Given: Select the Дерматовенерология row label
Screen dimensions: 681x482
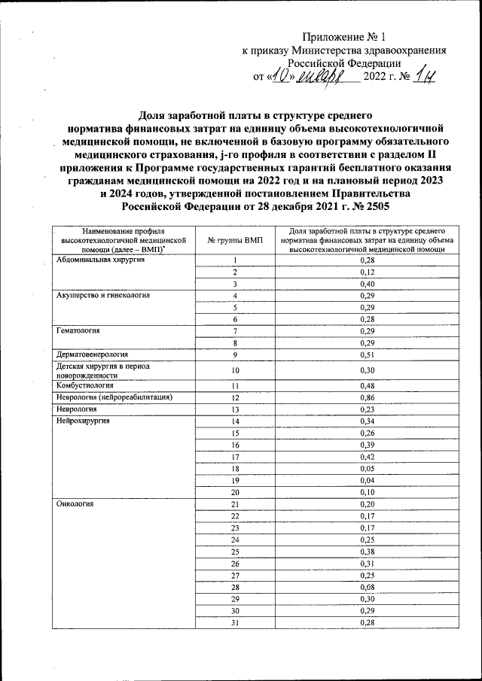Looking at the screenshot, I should [93, 353].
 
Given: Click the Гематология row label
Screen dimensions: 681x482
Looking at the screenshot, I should [78, 330].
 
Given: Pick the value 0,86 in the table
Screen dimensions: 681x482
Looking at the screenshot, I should [368, 397].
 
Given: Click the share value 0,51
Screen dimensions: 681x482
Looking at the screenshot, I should [368, 354].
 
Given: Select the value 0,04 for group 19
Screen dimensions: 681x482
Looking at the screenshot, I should [368, 479].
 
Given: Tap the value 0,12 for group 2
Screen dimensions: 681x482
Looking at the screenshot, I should [368, 272].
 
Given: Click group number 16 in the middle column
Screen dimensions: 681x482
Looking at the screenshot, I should [235, 445].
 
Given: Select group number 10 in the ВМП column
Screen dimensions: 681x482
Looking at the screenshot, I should [235, 370].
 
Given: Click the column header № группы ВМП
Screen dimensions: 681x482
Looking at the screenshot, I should [235, 239].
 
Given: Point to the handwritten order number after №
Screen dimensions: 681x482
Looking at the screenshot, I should [426, 76].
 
